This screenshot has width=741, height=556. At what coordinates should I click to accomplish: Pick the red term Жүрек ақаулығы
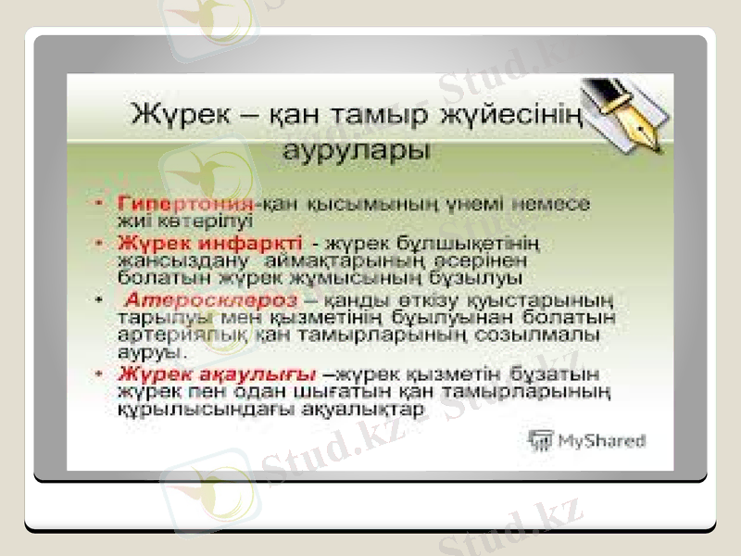pyautogui.click(x=217, y=374)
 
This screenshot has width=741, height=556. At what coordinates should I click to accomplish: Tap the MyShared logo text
pyautogui.click(x=599, y=441)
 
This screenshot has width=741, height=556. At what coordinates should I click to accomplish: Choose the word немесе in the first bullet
pyautogui.click(x=554, y=201)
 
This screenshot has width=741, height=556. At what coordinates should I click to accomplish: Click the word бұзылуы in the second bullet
pyautogui.click(x=485, y=277)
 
